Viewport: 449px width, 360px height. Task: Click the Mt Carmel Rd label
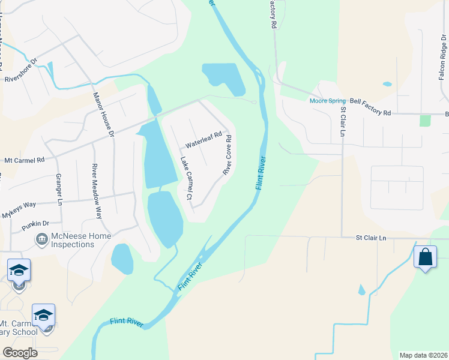tap(25, 161)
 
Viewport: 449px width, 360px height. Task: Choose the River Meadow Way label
tap(96, 184)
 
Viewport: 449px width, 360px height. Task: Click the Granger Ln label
tap(59, 190)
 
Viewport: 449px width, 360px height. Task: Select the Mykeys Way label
tap(19, 210)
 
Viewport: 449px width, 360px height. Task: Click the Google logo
tap(20, 353)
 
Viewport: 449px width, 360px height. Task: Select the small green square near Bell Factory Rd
tap(426, 120)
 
